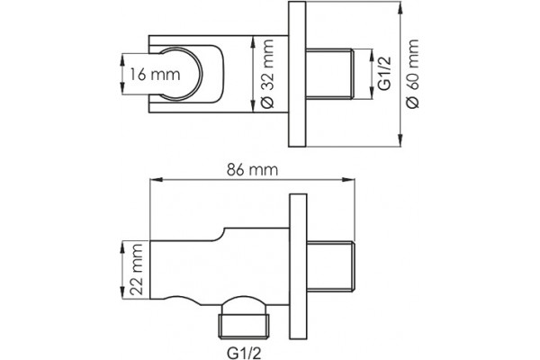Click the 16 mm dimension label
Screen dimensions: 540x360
pos(155,74)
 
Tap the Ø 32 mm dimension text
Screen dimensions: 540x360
pos(267,74)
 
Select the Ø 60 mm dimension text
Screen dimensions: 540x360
pos(412,74)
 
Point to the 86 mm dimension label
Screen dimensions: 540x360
pos(252,170)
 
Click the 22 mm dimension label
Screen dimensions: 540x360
pos(137,269)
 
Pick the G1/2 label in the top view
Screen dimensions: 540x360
pos(384,74)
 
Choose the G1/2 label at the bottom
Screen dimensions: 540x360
pos(244,353)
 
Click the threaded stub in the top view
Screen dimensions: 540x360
pos(328,74)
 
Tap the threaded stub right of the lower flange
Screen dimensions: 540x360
pos(330,266)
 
